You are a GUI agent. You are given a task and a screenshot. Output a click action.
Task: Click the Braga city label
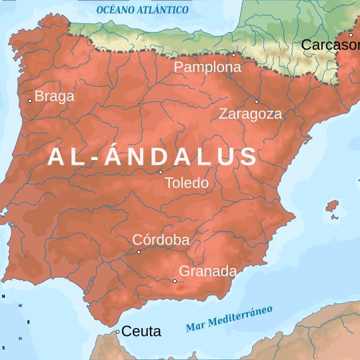[x=54, y=96]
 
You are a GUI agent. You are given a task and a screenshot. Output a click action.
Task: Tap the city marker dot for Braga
[x=30, y=101]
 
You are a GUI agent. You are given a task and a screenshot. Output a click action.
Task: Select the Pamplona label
[x=207, y=67]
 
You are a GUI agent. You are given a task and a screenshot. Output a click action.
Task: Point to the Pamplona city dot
[x=233, y=55]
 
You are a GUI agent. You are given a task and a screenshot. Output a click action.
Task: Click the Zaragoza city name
[x=250, y=114]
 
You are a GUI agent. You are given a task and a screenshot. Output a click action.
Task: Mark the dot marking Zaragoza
[x=256, y=101]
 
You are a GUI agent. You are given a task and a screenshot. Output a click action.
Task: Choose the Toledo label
[x=186, y=183]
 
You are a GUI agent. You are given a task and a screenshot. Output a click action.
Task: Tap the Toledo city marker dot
[x=161, y=172]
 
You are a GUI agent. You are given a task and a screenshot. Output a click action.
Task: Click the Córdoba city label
[x=161, y=240]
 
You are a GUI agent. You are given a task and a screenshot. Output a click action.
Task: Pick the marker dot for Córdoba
[x=139, y=252]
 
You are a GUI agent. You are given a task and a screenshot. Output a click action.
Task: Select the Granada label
[x=207, y=271]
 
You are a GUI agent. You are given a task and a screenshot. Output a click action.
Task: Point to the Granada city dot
[x=175, y=281]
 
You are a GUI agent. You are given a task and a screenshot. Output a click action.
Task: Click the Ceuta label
[x=141, y=331]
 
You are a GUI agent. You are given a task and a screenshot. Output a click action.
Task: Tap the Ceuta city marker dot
[x=117, y=331]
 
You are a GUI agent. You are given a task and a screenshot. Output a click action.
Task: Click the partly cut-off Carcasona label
[x=330, y=45]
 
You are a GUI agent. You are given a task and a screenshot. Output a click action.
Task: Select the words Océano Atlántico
[x=142, y=10]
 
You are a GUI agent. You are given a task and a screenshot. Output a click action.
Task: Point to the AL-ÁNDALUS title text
[x=153, y=157]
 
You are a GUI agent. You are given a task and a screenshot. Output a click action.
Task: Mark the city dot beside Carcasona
[x=351, y=35]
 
